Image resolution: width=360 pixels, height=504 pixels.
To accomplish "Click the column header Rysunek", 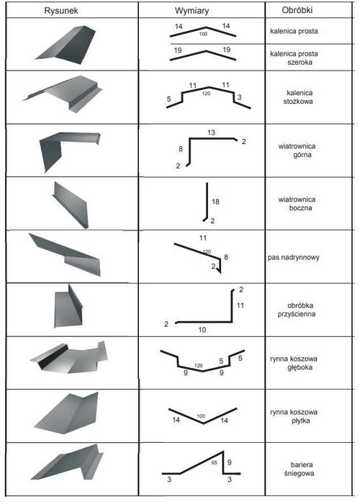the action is point(61,11).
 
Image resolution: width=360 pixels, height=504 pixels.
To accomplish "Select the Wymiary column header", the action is point(192,11).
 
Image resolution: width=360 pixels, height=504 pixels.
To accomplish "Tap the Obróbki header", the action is point(297,10).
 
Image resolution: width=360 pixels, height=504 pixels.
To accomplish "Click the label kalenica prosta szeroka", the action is point(294,58).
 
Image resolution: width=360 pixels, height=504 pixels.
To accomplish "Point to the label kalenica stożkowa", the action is point(299,97).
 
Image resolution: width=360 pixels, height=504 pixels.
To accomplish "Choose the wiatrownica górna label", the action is point(297,150).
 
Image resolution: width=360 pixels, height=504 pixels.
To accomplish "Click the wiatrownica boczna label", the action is point(297,204).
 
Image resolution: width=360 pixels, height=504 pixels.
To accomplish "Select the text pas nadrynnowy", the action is point(294,258).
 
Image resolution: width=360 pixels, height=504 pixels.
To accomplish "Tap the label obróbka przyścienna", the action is point(297,310).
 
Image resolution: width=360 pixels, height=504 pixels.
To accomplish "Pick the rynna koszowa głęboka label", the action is point(294,363).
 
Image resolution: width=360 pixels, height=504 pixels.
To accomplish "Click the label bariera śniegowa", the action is point(299,469).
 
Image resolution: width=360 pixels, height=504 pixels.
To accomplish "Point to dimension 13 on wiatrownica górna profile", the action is point(211,132).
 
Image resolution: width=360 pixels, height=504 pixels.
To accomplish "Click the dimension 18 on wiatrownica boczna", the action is point(215,202).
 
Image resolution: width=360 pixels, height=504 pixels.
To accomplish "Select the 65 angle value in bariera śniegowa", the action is point(214,463).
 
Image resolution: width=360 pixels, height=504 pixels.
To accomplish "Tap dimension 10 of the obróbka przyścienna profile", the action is point(202,330).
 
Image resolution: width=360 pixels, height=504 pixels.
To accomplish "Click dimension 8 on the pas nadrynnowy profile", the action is point(226,257).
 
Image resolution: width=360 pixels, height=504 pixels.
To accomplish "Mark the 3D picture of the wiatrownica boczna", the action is point(71,204).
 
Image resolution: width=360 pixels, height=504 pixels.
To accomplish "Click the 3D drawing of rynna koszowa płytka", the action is point(66,413).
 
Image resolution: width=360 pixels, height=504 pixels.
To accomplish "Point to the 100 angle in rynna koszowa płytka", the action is point(201,416).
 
